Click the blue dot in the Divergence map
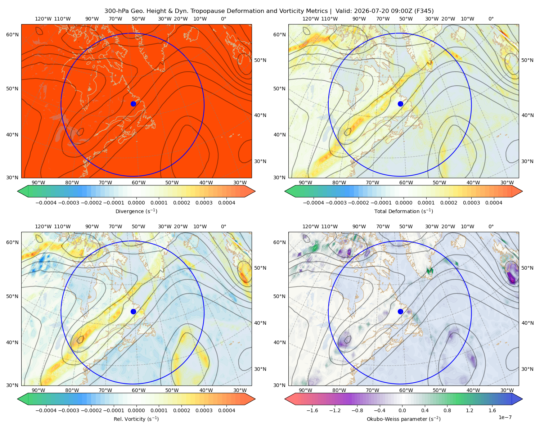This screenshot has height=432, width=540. (133, 104)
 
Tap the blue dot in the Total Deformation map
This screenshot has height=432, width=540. (400, 104)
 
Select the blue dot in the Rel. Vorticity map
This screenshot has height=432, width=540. (133, 311)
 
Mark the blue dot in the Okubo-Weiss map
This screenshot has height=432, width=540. (400, 311)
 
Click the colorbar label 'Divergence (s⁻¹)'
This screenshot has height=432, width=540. (136, 211)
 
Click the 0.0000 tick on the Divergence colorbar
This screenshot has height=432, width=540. (136, 203)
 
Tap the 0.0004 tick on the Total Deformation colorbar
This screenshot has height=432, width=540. (494, 203)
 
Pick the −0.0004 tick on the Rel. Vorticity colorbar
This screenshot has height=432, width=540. (46, 410)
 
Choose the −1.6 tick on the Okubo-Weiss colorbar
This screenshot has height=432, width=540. (312, 410)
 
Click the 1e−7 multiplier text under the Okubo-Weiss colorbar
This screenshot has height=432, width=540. (505, 417)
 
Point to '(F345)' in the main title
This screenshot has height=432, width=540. (424, 11)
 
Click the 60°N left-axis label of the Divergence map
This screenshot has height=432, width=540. (12, 35)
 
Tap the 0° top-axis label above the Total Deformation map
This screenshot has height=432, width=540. (491, 19)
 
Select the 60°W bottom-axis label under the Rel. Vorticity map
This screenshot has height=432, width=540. (139, 390)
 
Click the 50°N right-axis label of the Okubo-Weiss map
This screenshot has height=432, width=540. (527, 268)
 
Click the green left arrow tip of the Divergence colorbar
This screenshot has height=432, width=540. (18, 191)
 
